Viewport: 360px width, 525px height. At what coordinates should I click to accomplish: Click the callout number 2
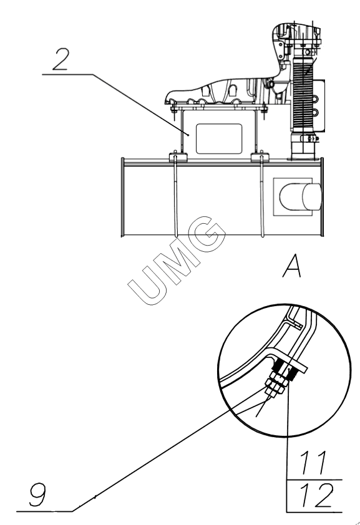coord(61,59)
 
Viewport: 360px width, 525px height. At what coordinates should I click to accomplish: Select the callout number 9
coord(37,496)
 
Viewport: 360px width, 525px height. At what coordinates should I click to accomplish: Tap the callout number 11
coord(313,463)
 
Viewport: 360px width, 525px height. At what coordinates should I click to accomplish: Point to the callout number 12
coord(316,496)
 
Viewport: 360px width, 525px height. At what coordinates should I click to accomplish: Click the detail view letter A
coord(292,266)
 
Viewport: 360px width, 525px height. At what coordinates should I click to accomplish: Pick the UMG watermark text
coord(176,261)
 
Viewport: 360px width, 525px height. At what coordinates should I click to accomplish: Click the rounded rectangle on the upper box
coord(219,138)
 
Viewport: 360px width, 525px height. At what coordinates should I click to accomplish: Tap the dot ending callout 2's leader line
coord(188,135)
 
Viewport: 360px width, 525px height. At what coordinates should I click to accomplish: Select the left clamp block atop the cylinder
coord(178,157)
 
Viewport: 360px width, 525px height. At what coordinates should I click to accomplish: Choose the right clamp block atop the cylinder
coord(260,157)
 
